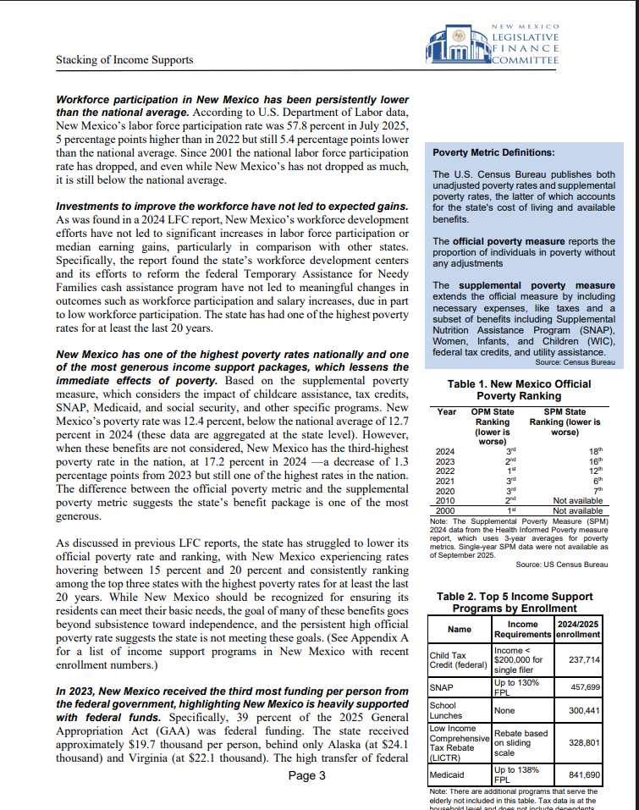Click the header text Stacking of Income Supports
click(124, 60)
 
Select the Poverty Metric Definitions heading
click(493, 153)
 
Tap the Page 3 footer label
click(306, 775)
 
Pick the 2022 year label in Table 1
click(445, 471)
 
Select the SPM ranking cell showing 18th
click(596, 451)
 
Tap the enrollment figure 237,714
click(584, 659)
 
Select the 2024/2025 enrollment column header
click(578, 629)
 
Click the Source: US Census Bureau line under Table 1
click(561, 564)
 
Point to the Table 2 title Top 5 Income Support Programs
click(515, 602)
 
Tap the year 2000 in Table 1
click(445, 510)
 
